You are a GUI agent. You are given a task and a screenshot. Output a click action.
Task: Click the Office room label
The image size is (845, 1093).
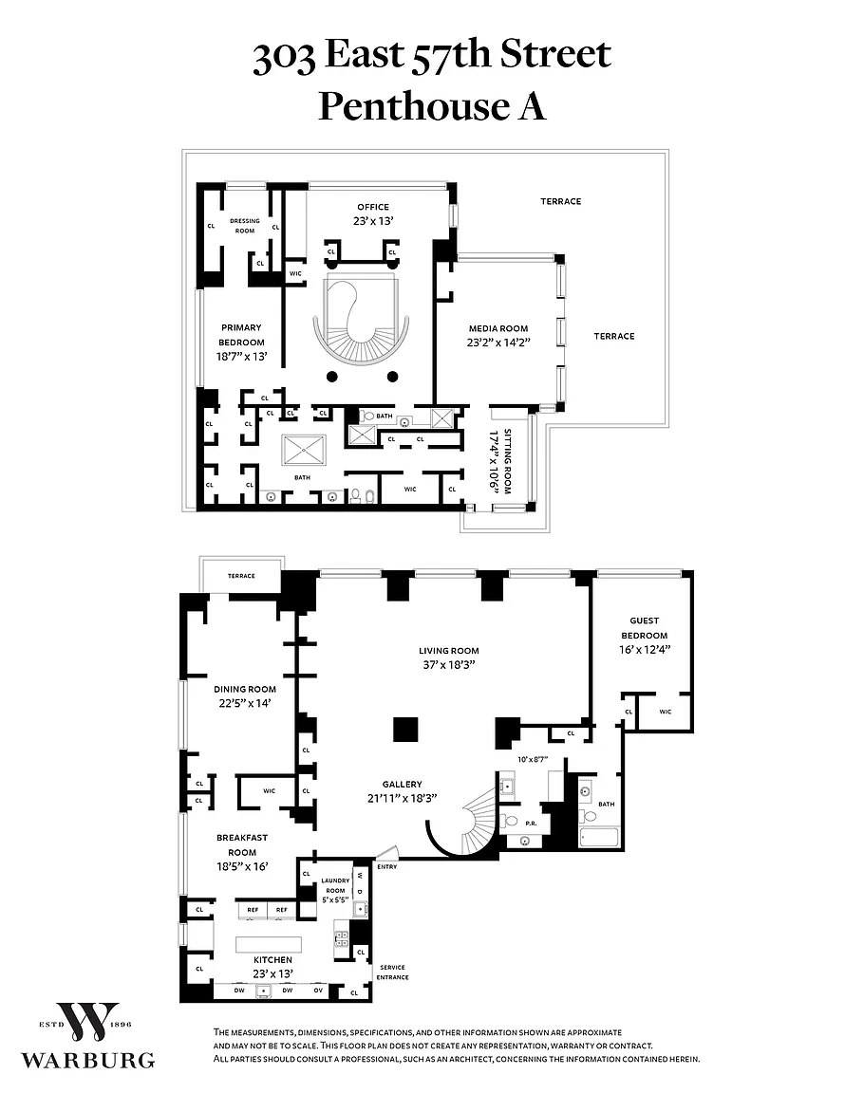[373, 207]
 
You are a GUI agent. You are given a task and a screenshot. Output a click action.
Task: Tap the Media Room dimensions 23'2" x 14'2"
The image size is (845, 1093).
[498, 343]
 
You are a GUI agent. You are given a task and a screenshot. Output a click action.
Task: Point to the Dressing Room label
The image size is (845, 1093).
[245, 226]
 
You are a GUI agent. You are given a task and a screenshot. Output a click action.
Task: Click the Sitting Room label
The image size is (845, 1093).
[507, 461]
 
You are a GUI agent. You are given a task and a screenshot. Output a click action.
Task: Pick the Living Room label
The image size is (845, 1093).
[449, 651]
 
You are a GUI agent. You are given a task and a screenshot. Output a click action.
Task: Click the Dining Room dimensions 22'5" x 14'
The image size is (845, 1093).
[245, 703]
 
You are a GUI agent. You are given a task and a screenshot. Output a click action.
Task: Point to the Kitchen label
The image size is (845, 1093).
[272, 960]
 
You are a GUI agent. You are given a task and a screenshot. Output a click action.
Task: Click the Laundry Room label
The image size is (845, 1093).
[336, 886]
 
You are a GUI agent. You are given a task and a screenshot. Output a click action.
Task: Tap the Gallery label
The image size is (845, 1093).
[402, 785]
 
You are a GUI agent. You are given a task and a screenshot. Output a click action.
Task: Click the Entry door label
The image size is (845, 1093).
[387, 867]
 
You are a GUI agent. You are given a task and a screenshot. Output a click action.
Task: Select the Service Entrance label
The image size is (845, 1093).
[393, 973]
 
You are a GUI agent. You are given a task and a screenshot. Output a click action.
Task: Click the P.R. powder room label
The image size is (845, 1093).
[531, 824]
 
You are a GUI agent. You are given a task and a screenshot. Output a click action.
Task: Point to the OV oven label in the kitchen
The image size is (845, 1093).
[318, 991]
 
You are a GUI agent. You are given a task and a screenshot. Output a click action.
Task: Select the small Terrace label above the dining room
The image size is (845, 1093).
[241, 576]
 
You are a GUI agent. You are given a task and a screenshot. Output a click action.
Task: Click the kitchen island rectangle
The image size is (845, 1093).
[269, 945]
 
